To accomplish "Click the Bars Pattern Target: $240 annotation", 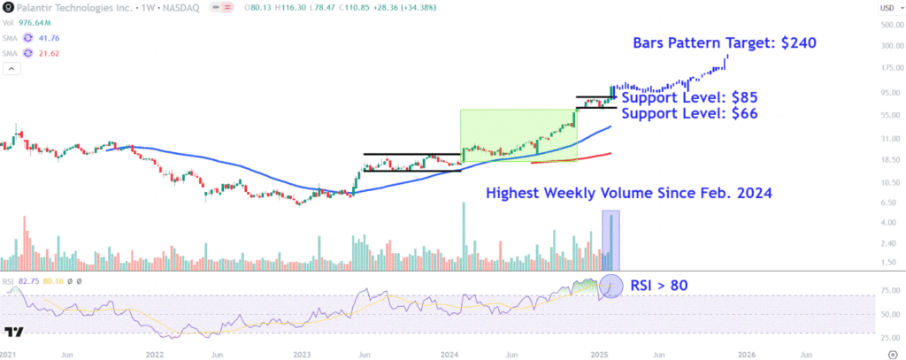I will [724, 42].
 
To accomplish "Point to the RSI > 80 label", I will [659, 285].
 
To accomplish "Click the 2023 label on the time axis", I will [302, 353].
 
